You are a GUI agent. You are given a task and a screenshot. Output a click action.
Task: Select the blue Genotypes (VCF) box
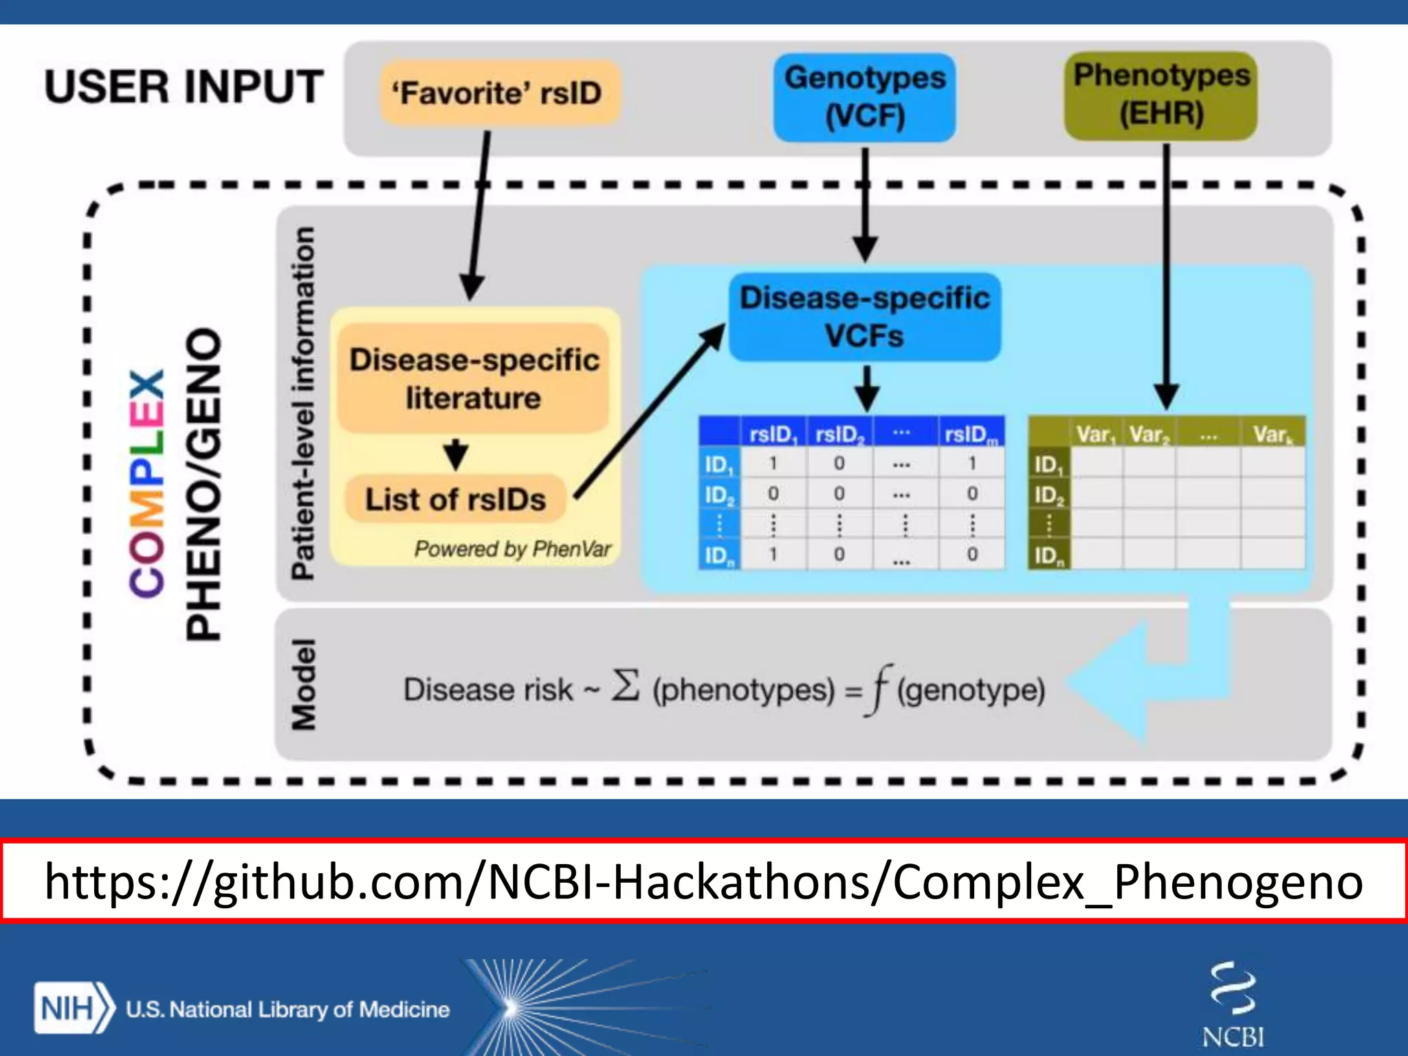(864, 97)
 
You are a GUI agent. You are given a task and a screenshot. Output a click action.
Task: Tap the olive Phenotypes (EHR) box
(1160, 96)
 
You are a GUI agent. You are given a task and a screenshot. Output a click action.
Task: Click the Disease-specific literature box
(474, 379)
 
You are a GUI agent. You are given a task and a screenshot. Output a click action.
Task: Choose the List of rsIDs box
(455, 499)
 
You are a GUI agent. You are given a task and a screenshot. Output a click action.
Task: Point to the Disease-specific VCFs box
(864, 317)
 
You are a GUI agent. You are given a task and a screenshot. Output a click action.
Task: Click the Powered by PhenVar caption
(512, 549)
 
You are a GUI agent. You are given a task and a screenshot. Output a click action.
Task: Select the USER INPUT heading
(184, 87)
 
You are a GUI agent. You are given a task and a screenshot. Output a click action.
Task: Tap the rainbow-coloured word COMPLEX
(147, 483)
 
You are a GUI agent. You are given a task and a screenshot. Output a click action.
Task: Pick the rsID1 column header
(772, 434)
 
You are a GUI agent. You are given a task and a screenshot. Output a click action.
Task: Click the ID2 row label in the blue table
(719, 494)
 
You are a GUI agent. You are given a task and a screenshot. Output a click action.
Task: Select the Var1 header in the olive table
(1095, 434)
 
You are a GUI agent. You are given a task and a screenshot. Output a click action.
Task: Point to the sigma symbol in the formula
(626, 686)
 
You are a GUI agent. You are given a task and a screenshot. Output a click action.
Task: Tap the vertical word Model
(304, 684)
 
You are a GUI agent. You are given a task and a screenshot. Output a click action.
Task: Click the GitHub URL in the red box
(703, 881)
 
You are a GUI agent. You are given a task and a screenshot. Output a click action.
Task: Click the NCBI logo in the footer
(1233, 1004)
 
